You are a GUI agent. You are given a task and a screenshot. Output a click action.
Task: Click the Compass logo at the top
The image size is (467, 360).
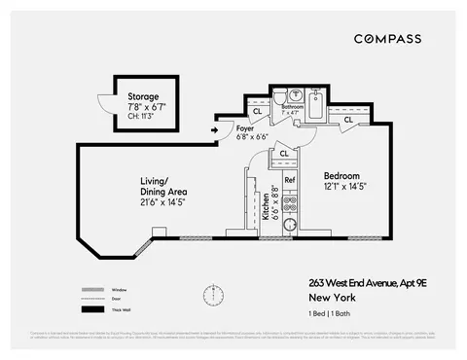[x=387, y=39]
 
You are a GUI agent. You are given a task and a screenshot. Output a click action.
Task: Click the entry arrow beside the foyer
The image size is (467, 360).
[x=215, y=128]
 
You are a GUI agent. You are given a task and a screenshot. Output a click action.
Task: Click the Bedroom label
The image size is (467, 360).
[x=343, y=174]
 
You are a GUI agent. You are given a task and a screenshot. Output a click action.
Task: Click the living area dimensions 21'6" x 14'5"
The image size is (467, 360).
[x=162, y=204]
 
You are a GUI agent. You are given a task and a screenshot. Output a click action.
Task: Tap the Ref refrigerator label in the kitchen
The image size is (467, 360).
[x=289, y=179]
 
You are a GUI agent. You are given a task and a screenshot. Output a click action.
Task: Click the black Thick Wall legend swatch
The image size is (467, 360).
[x=94, y=309]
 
